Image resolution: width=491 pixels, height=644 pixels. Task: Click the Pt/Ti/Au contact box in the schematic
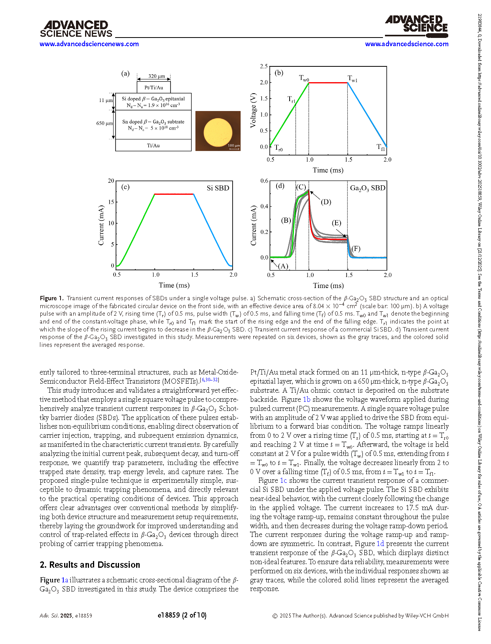tap(154, 87)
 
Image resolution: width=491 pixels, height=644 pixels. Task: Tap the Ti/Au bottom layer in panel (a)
tap(154, 145)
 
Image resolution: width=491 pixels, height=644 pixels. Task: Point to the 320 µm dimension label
tap(157, 76)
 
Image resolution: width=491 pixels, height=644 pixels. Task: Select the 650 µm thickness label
tap(104, 123)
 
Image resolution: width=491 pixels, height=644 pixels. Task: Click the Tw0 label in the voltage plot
tap(304, 78)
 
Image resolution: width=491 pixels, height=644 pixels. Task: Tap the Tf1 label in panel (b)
tap(381, 147)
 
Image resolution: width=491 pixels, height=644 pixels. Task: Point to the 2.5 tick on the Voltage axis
tap(264, 66)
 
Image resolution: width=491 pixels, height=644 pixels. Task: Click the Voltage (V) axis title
tap(253, 110)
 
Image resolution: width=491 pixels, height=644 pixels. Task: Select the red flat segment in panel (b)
tap(328, 83)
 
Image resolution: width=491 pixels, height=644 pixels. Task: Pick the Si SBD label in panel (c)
tap(218, 188)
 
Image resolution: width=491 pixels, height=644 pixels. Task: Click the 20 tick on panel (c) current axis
tap(111, 181)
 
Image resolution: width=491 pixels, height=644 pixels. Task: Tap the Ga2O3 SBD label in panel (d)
tap(368, 188)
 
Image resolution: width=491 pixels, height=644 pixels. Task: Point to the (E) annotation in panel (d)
tap(336, 223)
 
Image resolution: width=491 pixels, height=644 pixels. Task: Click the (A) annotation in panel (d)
tap(283, 266)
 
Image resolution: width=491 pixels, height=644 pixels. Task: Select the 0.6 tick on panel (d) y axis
tap(264, 181)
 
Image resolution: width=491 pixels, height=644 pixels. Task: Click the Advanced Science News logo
tap(76, 29)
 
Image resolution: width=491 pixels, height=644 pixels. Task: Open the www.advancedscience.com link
tap(406, 44)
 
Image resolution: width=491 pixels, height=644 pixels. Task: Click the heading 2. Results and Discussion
tap(90, 565)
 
